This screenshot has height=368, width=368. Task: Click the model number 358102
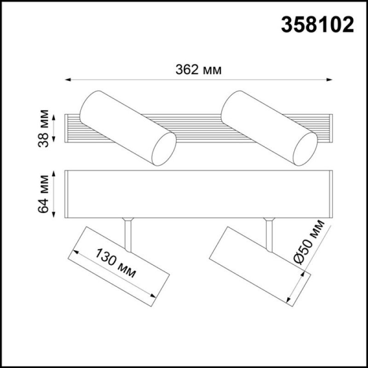(x=317, y=25)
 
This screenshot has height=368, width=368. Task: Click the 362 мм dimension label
(x=199, y=70)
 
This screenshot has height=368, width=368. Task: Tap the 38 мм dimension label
(x=43, y=128)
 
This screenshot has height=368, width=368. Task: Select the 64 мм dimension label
(x=43, y=194)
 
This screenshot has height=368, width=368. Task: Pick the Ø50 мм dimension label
(x=310, y=242)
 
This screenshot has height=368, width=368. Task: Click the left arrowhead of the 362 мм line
(x=68, y=80)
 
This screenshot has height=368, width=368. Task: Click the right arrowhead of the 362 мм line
(x=329, y=80)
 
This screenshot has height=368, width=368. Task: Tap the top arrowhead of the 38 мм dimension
(x=53, y=117)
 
